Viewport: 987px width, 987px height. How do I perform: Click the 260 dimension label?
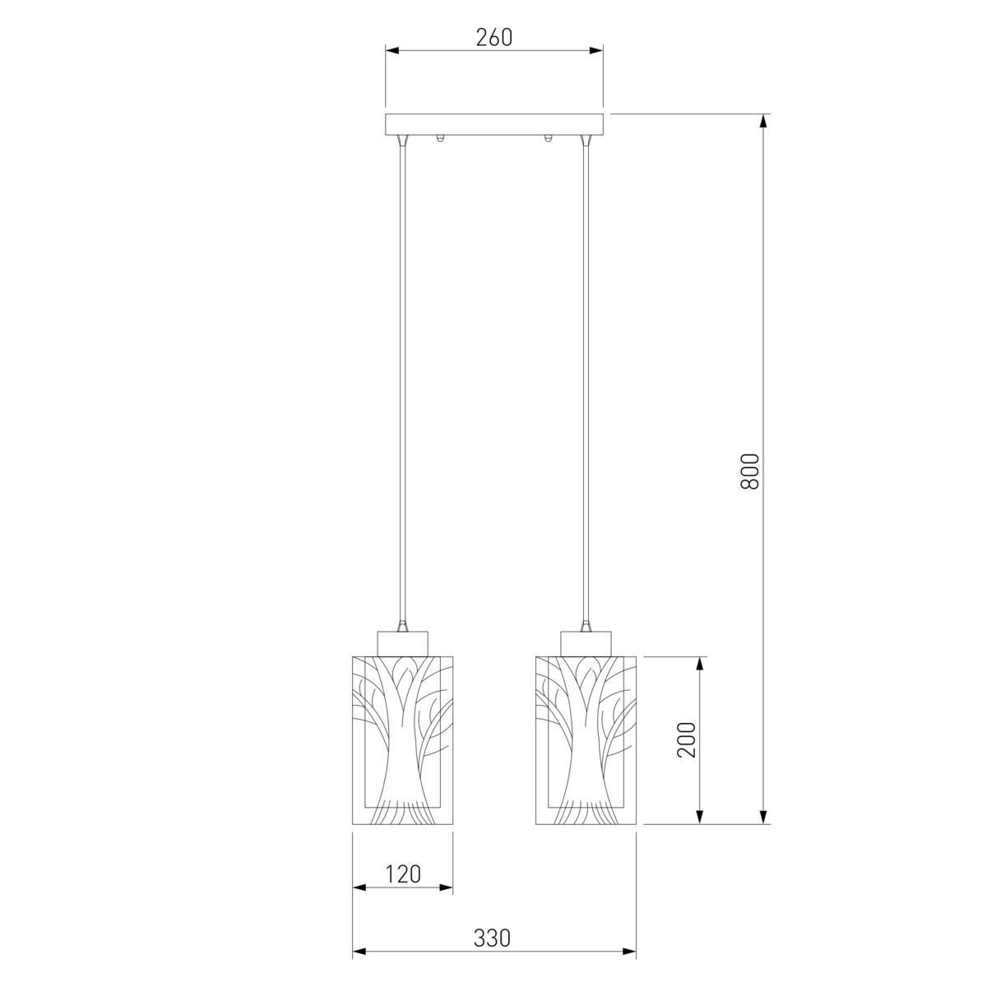tap(493, 37)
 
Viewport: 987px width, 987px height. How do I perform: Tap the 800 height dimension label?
tap(749, 471)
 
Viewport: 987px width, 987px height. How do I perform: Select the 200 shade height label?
tap(686, 739)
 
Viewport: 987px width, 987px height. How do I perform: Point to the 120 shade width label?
tap(402, 874)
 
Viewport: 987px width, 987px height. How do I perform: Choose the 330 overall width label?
tap(492, 938)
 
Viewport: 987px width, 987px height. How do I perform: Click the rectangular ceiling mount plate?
tap(494, 124)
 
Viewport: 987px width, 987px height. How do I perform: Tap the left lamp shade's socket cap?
tap(402, 643)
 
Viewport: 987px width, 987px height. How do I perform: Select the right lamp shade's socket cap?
tap(586, 643)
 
